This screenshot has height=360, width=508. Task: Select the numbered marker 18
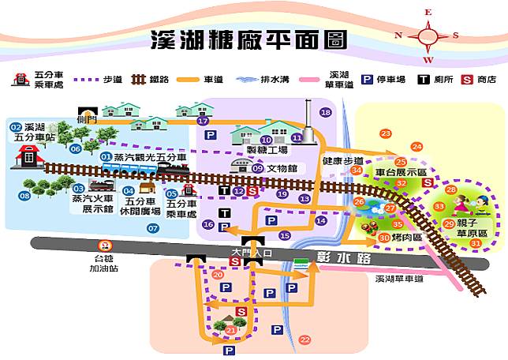click(326, 113)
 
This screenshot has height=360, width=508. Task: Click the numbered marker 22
click(305, 339)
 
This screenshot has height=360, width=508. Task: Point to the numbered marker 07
click(153, 228)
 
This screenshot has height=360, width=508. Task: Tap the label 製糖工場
click(267, 150)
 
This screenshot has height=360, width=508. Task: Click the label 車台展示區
click(400, 171)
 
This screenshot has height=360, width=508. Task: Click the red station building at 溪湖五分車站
click(29, 158)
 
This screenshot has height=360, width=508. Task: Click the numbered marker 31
click(475, 244)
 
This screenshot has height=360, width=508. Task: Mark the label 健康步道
click(343, 161)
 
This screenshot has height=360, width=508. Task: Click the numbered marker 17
click(203, 121)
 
